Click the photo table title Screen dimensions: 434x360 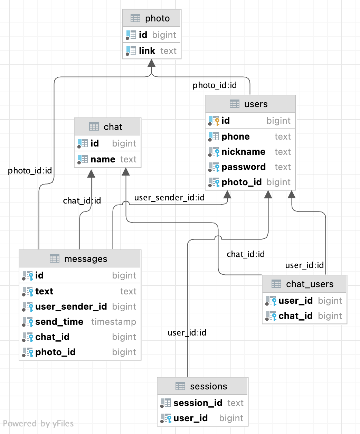point(157,18)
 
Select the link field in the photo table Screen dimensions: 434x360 point(147,51)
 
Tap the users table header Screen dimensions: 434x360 point(256,104)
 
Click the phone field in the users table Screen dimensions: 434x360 point(235,136)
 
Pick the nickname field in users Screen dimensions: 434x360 point(243,152)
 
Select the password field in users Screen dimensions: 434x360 point(244,167)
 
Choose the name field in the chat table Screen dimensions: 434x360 point(103,159)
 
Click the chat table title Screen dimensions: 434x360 point(113,127)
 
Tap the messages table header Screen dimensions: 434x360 point(86,259)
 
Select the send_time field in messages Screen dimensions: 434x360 point(59,322)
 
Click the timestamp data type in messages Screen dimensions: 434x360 point(114,322)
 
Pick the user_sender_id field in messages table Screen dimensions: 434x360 point(71,306)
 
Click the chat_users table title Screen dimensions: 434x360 point(310,284)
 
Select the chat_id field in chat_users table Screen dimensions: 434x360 point(295,316)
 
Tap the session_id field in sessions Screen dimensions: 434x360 point(198,403)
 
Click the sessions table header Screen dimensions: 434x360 point(208,386)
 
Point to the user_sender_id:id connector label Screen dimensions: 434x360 point(169,198)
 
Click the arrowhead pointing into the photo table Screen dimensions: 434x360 point(151,63)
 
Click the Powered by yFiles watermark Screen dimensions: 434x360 point(38,424)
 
